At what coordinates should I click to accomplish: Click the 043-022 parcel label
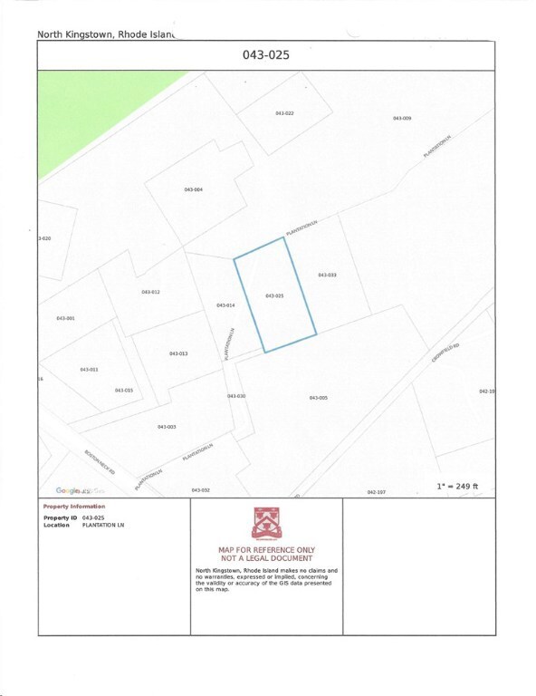284,113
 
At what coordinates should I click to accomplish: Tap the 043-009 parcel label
402,119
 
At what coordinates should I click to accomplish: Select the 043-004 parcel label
193,189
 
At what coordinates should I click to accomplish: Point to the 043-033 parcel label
328,274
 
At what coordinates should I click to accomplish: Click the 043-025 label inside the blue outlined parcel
274,296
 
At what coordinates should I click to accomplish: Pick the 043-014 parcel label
225,305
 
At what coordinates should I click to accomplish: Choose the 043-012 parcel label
150,292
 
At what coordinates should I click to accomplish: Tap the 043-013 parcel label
178,353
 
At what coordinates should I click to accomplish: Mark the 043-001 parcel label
65,318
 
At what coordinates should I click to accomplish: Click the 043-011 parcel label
89,370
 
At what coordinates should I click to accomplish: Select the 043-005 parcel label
318,398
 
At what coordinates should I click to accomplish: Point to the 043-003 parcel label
166,426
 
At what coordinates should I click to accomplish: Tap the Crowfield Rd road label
446,353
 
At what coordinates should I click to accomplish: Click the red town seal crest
266,524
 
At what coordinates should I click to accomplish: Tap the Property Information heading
74,506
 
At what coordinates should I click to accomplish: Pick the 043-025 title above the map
265,55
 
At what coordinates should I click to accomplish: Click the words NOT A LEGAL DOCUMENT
266,558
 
